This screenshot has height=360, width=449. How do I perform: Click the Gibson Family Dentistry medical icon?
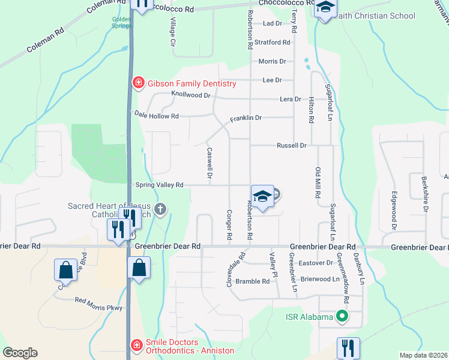coord(138,83)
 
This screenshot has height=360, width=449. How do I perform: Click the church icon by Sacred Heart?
coord(160,209)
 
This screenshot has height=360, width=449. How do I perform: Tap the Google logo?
coord(20,353)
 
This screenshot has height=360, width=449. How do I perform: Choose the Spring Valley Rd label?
coord(159,185)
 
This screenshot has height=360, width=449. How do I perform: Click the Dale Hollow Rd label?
coord(156,115)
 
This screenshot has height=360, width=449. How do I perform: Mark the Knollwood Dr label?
coord(191,95)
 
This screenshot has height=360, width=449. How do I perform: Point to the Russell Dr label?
coord(292,145)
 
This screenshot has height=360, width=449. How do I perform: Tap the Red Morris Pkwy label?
coord(98,304)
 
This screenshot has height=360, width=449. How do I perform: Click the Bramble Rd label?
coord(253,281)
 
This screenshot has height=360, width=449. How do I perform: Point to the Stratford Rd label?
coord(272,43)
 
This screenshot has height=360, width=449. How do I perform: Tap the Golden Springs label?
coord(122,23)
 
